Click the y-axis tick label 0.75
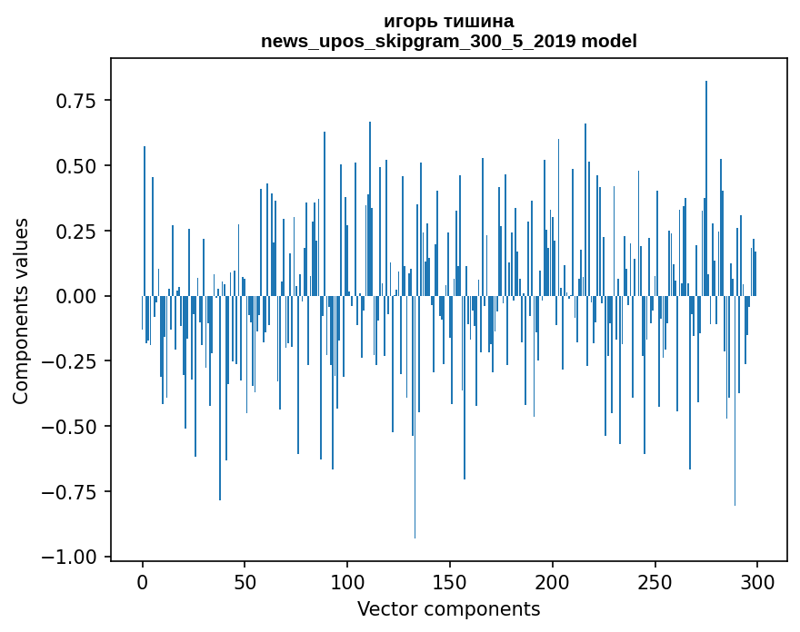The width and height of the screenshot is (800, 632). coord(75,101)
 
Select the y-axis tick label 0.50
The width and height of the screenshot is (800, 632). coord(75,166)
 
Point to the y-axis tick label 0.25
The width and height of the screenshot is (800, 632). coord(75,232)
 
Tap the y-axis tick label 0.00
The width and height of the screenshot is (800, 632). coord(75,297)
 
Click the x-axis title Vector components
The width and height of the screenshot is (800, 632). coord(449,609)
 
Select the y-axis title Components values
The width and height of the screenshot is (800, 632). coord(21,311)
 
